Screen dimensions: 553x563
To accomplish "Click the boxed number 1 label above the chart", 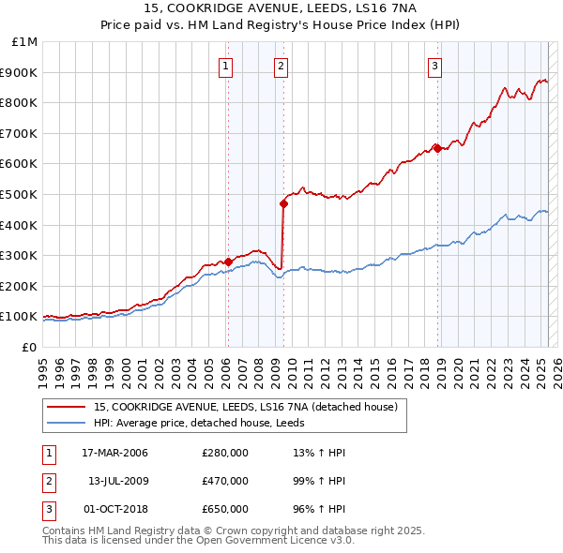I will [x=227, y=66].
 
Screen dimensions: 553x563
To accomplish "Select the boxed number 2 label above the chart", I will [x=281, y=66].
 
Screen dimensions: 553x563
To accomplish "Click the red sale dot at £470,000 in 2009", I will [x=282, y=202].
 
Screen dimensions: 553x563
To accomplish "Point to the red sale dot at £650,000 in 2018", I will [x=437, y=147].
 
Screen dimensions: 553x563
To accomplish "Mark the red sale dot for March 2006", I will [x=228, y=262].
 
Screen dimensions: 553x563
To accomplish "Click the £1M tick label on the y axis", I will [x=25, y=41].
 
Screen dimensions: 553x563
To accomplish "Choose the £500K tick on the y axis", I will [x=22, y=194].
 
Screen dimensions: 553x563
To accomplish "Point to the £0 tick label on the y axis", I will [x=29, y=347].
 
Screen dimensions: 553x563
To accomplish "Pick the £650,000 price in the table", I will [x=225, y=509].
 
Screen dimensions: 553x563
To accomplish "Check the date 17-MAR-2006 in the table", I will [x=115, y=453].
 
